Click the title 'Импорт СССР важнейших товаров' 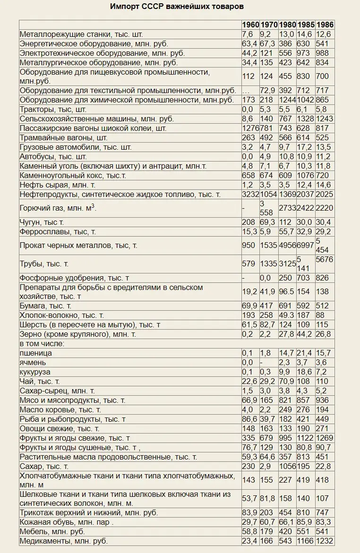[177, 7]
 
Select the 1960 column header [250, 25]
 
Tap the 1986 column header [325, 25]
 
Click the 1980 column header [287, 25]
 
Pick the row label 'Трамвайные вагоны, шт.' [64, 138]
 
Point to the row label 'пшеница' [36, 353]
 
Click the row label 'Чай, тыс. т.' [40, 381]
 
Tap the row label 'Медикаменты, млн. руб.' [64, 541]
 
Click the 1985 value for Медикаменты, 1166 [305, 541]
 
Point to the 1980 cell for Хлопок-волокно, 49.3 [287, 315]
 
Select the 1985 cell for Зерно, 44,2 [305, 334]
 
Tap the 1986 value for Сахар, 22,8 [324, 466]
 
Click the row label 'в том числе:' [42, 343]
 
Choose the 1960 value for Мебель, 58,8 [249, 532]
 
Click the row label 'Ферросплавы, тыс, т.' [58, 232]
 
